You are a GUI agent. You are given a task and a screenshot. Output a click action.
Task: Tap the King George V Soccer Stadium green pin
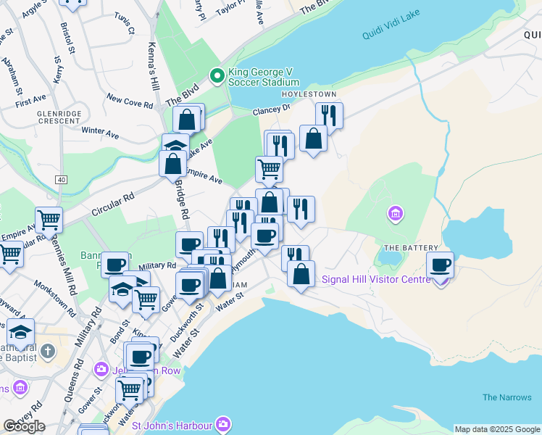click(216, 75)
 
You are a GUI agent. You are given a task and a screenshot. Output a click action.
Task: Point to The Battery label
click(402, 248)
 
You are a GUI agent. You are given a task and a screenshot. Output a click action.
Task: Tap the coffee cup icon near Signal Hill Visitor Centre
click(440, 265)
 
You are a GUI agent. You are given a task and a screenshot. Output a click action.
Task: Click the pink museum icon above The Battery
click(396, 214)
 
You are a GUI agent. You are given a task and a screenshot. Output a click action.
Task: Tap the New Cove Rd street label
click(130, 100)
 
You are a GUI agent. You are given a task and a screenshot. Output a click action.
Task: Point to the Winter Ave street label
click(100, 133)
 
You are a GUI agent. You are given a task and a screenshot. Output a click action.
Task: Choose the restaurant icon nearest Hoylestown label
click(329, 115)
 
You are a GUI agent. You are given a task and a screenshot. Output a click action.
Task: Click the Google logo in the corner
click(24, 426)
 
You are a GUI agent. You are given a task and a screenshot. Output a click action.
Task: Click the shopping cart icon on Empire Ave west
click(49, 218)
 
